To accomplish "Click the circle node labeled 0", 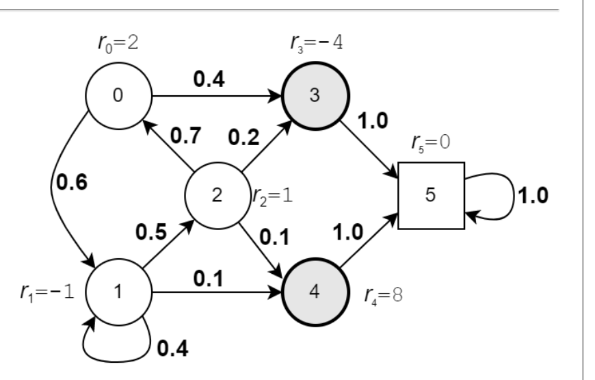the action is tap(118, 96).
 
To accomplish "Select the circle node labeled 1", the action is tap(118, 292).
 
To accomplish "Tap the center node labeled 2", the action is tap(217, 196).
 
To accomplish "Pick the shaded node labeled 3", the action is tap(315, 96).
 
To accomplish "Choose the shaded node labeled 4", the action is tap(315, 292).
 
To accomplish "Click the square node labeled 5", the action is tap(431, 196).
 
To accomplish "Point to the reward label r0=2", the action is tap(118, 42).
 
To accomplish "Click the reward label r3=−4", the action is tap(317, 42).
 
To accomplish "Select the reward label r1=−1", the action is tap(47, 292).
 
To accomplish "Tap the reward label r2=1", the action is tap(273, 197).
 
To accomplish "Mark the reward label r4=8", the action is tap(383, 295).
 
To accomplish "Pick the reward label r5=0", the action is tap(431, 143).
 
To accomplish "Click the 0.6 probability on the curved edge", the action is tap(72, 182).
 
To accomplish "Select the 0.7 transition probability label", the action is tap(185, 136).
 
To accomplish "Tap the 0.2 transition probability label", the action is tap(243, 137).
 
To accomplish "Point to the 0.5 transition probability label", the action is tap(151, 232).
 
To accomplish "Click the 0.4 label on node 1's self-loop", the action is tap(172, 349).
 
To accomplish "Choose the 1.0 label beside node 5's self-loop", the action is tap(533, 196).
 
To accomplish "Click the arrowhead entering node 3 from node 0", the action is tap(275, 96).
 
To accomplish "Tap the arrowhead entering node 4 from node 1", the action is tap(275, 292).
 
